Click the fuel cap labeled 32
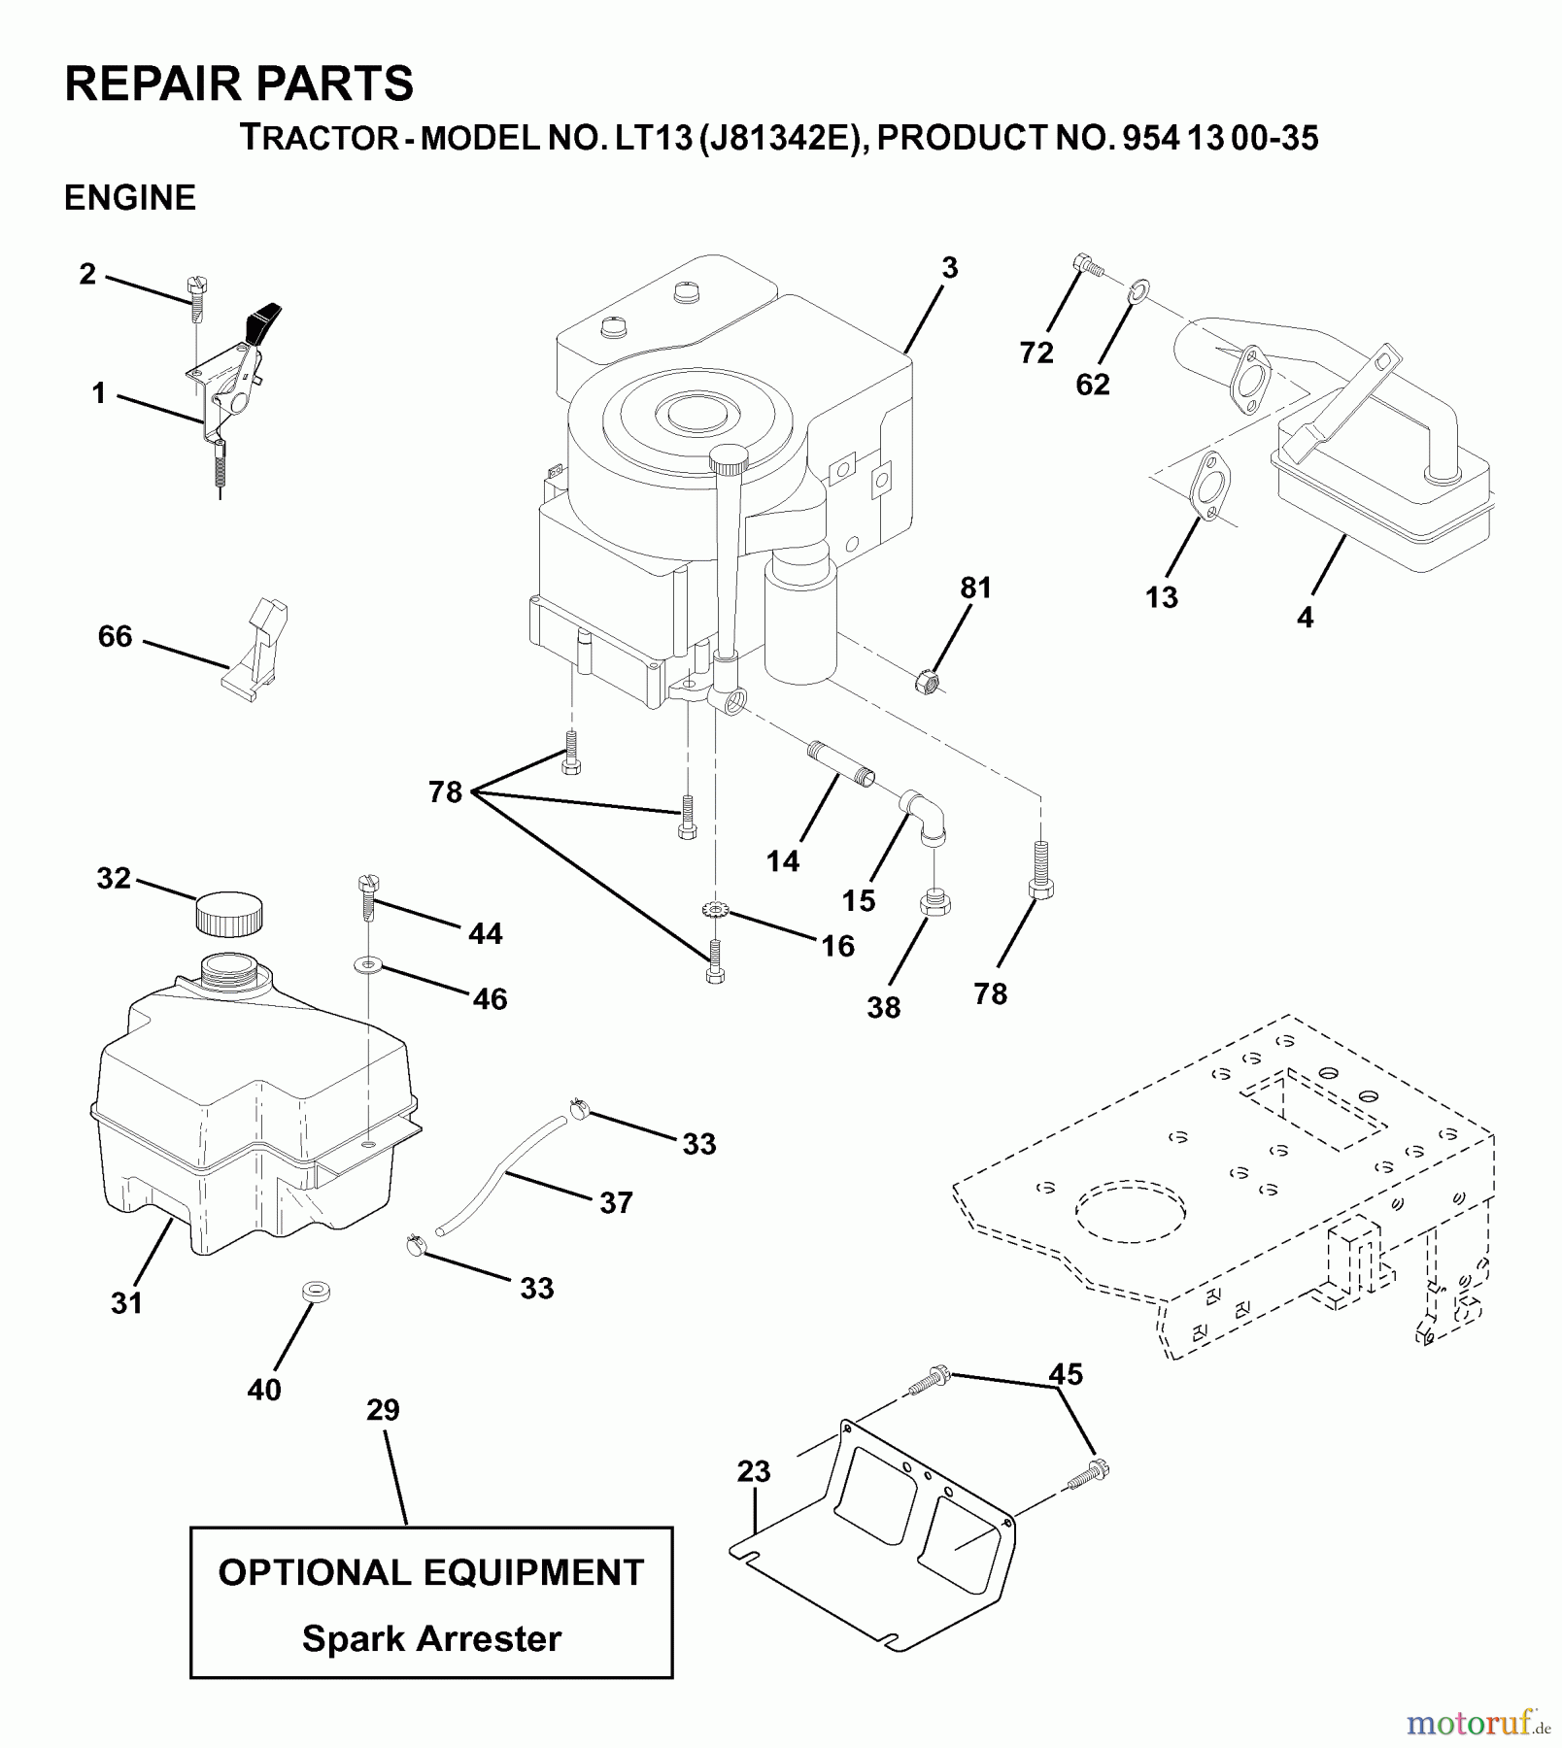230,914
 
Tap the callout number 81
975,588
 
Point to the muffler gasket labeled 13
1208,485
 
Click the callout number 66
115,636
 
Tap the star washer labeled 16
715,911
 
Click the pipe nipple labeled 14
840,763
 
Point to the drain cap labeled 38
934,902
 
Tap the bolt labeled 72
1088,264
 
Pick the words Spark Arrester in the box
431,1638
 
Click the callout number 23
753,1471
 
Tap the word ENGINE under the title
129,197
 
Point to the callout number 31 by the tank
126,1303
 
